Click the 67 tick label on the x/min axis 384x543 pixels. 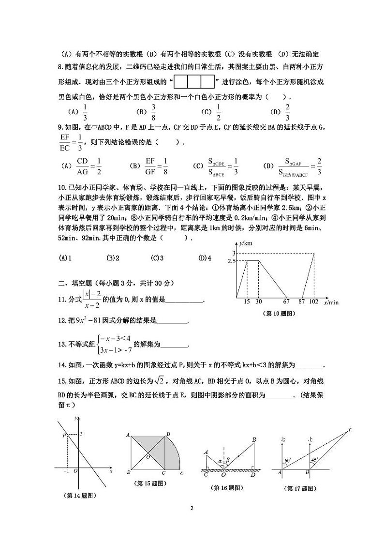286,302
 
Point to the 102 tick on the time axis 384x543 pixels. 314,302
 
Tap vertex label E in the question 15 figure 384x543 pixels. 181,473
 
